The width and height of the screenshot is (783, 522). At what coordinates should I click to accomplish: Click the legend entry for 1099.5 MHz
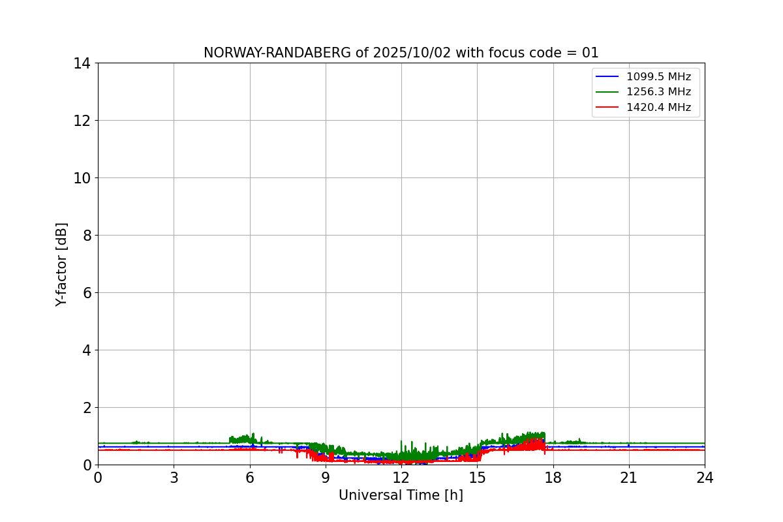click(x=658, y=76)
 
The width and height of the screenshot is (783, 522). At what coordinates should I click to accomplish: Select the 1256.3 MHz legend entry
click(x=658, y=92)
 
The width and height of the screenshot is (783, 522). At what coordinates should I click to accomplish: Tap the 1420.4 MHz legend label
click(x=658, y=108)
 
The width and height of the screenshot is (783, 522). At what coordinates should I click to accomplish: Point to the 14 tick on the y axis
click(x=83, y=63)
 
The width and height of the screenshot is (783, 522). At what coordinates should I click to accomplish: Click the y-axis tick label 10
click(x=83, y=178)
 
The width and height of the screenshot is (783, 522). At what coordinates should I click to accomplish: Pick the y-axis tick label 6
click(x=87, y=293)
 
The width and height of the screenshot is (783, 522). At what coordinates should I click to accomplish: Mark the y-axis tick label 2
click(x=87, y=408)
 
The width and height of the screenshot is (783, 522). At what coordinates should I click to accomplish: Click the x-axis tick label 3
click(x=174, y=478)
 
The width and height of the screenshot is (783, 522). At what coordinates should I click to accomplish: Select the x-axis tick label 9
click(x=326, y=478)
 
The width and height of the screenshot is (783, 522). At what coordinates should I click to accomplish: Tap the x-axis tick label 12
click(x=401, y=478)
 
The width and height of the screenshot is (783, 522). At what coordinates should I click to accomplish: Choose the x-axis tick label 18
click(x=553, y=478)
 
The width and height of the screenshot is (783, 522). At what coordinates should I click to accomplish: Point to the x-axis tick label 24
click(x=705, y=478)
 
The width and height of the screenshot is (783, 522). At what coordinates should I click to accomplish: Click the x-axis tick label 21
click(x=629, y=478)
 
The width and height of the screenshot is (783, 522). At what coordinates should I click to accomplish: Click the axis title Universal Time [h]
click(x=401, y=496)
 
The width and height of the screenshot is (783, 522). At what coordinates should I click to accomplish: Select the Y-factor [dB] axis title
click(x=61, y=264)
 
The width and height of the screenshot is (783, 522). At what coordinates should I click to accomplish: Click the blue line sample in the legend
click(x=607, y=77)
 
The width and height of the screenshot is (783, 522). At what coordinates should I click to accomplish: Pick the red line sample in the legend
click(x=607, y=108)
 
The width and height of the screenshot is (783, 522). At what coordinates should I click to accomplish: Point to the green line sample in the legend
click(x=607, y=92)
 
